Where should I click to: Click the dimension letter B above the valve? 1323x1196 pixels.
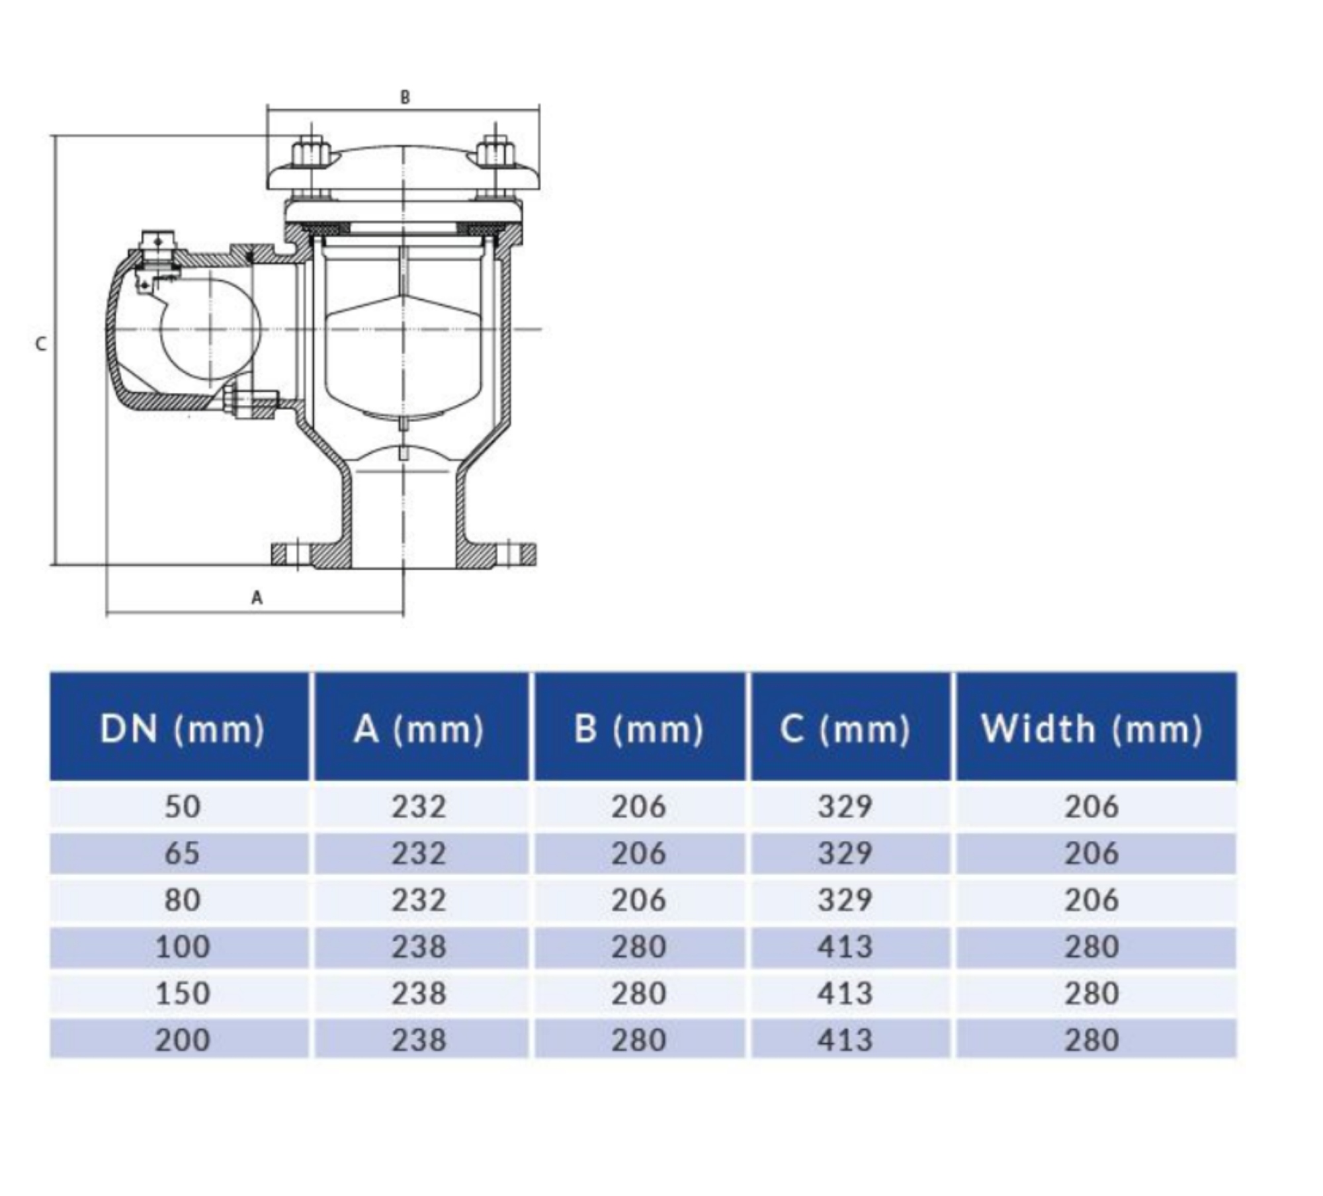(x=405, y=97)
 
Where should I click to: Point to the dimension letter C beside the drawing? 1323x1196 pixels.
(x=41, y=344)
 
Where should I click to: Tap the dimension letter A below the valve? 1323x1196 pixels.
(x=257, y=598)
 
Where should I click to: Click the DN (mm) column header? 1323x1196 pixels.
(x=182, y=729)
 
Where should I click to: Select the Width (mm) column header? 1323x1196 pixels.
(x=1091, y=729)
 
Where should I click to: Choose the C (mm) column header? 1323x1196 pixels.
(x=845, y=729)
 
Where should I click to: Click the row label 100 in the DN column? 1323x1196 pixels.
(x=182, y=947)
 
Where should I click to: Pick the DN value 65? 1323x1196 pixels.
(x=182, y=853)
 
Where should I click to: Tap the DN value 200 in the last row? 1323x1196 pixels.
(x=182, y=1040)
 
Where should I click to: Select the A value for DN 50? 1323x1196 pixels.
(x=419, y=806)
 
